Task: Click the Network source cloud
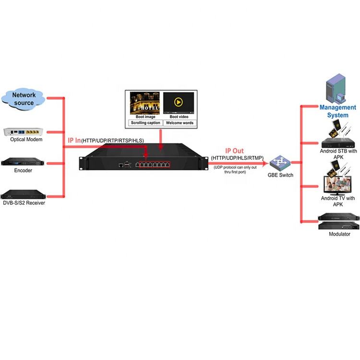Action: pos(24,99)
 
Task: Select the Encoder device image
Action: pos(23,162)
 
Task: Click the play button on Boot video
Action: pos(178,102)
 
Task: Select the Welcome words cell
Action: pos(178,123)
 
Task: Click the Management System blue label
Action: pos(338,111)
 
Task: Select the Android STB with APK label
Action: pos(338,154)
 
